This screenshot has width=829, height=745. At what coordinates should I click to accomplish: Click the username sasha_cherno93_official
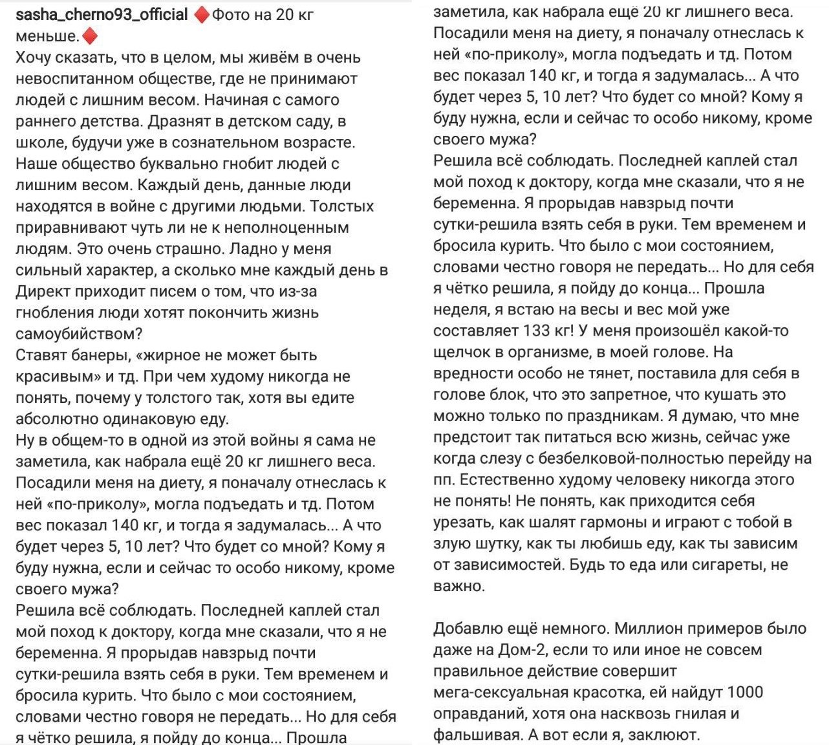tap(102, 15)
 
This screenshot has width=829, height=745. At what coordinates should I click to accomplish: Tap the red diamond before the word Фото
tap(202, 15)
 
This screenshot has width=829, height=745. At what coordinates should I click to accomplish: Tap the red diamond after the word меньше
tap(91, 36)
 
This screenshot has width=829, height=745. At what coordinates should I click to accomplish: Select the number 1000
tap(745, 693)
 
